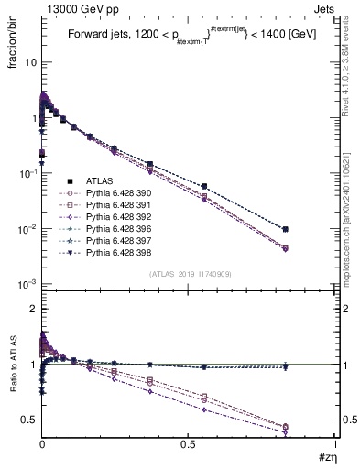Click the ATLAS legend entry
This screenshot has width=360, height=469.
click(x=101, y=181)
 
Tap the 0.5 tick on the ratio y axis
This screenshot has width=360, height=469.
click(x=28, y=419)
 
